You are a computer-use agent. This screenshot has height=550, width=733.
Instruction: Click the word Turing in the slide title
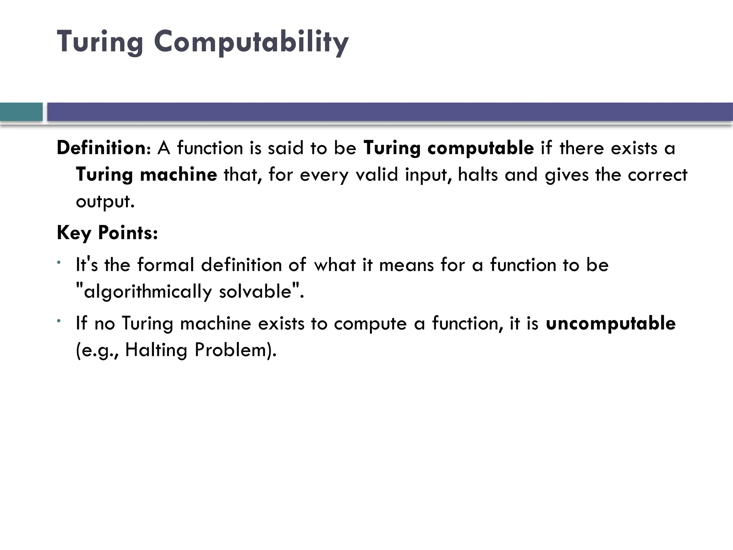pyautogui.click(x=100, y=42)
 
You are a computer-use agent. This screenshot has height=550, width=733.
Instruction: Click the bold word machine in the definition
pyautogui.click(x=178, y=175)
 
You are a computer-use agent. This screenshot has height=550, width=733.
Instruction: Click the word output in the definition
pyautogui.click(x=105, y=201)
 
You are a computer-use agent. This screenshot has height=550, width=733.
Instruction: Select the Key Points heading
pyautogui.click(x=107, y=233)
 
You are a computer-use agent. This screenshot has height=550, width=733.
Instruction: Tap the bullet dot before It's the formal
pyautogui.click(x=58, y=263)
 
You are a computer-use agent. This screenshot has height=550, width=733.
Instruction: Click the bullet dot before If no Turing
pyautogui.click(x=58, y=321)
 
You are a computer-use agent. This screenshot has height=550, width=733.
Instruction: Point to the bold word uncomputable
pyautogui.click(x=611, y=323)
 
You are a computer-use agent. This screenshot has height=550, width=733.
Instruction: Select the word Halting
pyautogui.click(x=156, y=350)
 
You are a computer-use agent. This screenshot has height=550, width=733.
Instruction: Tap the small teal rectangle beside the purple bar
pyautogui.click(x=21, y=112)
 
